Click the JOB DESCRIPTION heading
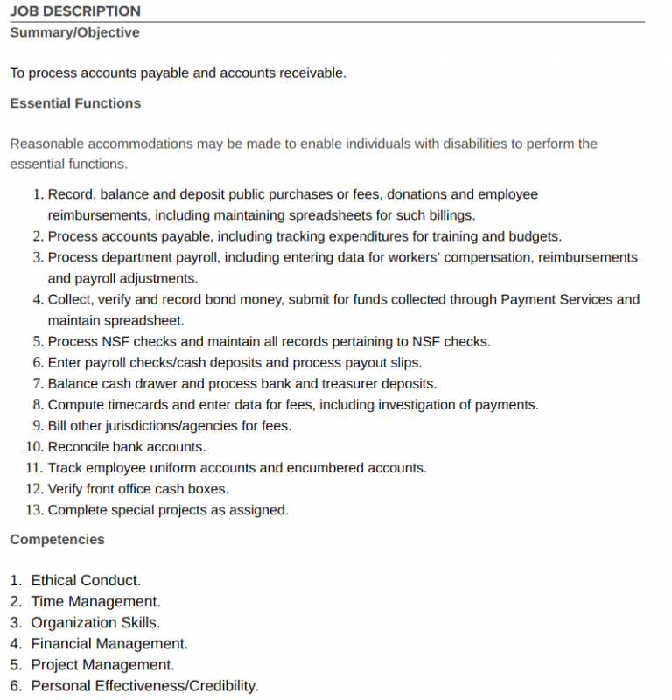coord(75,11)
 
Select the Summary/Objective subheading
coord(74,32)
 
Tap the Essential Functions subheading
coord(75,103)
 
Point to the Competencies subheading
coord(57,540)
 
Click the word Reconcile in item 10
coord(78,447)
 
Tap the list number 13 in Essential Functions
coord(34,510)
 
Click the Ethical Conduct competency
coord(86,581)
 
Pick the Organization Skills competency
coord(95,623)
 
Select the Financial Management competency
coord(109,644)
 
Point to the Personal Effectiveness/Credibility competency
coord(144,686)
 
